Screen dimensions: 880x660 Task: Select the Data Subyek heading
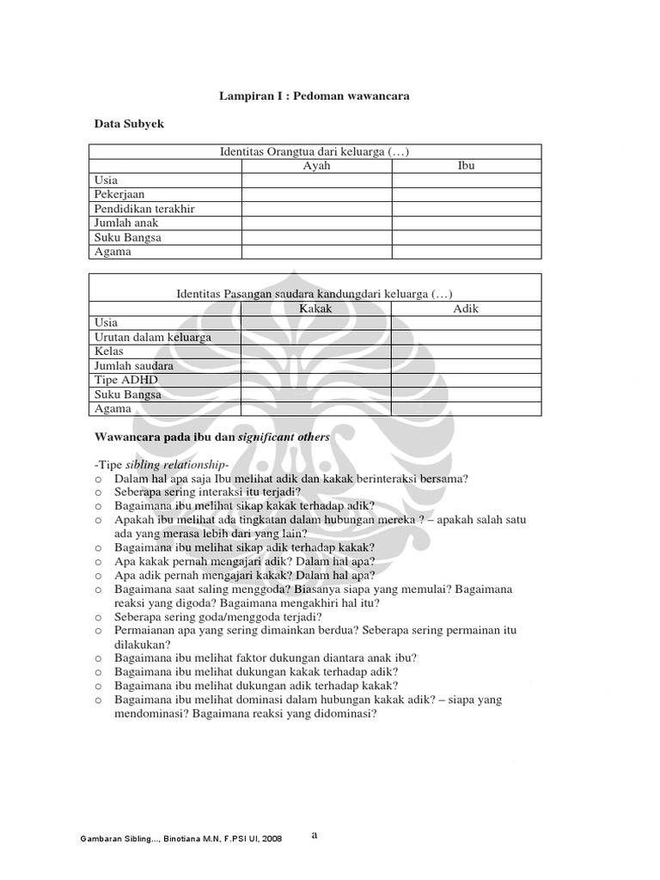click(129, 125)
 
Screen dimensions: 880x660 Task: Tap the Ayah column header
click(316, 166)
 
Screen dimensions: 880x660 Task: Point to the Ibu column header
click(467, 166)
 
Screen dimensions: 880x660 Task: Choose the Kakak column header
click(315, 309)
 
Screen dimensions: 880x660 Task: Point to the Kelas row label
click(109, 351)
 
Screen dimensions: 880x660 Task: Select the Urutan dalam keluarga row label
click(152, 337)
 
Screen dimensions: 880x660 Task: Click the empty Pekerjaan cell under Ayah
click(316, 194)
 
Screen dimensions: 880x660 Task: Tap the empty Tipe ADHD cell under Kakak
click(315, 380)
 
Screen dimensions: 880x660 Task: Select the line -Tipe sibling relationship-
click(162, 465)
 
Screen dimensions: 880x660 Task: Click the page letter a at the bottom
click(314, 833)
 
